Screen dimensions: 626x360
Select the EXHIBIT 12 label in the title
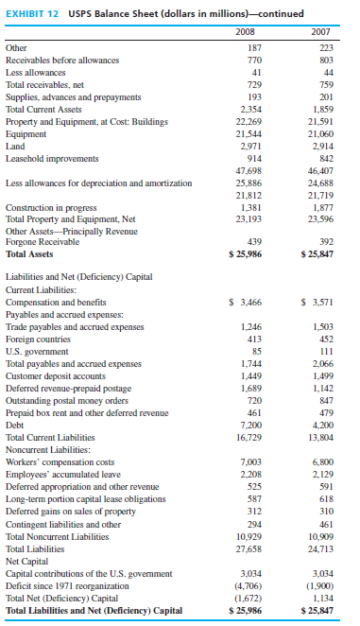pyautogui.click(x=36, y=10)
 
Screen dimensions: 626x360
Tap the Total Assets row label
pyautogui.click(x=29, y=253)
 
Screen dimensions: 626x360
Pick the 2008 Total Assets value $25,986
pyautogui.click(x=245, y=253)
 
